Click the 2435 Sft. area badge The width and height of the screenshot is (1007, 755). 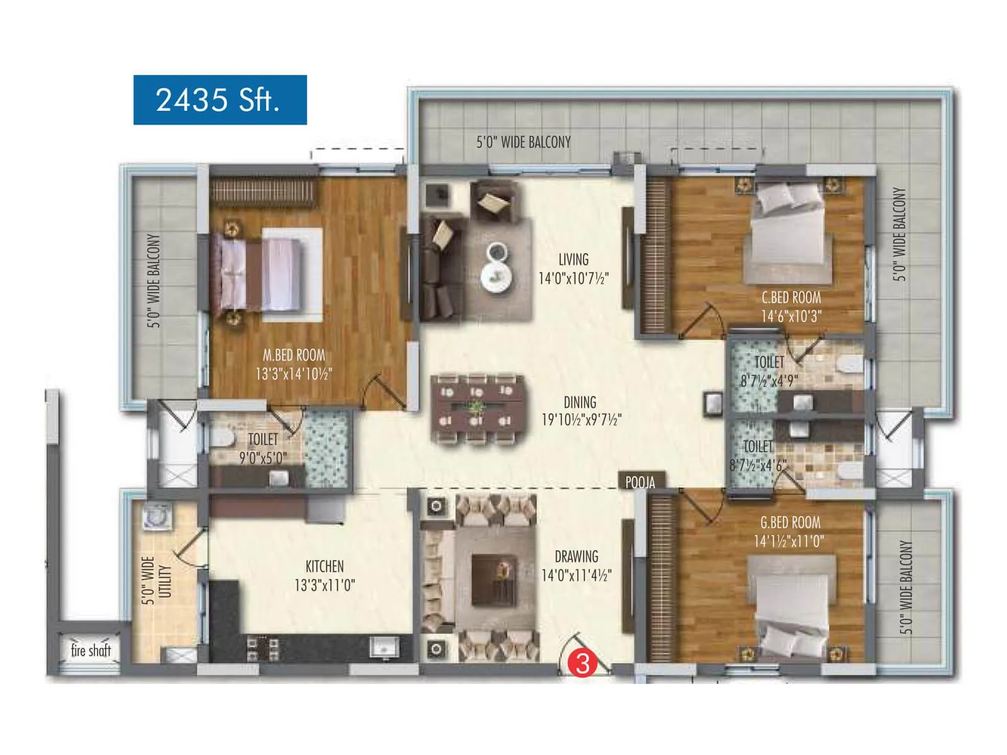click(220, 100)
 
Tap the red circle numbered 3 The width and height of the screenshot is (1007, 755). click(583, 663)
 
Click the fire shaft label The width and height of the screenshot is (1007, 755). click(91, 650)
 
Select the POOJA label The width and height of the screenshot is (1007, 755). click(640, 483)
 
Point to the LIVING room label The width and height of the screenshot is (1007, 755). click(573, 259)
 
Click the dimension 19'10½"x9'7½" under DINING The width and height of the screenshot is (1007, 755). click(582, 420)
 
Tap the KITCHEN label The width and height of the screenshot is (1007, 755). click(325, 566)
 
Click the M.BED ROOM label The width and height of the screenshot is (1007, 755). click(294, 355)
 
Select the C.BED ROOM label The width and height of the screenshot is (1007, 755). click(791, 298)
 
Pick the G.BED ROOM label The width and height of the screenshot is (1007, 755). click(790, 522)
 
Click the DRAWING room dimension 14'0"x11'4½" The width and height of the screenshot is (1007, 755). click(577, 575)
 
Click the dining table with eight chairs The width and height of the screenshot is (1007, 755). click(476, 410)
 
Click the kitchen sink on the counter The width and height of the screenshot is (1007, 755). click(383, 647)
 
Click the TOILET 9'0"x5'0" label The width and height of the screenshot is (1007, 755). click(262, 448)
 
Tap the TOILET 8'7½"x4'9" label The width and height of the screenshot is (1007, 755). click(769, 371)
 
